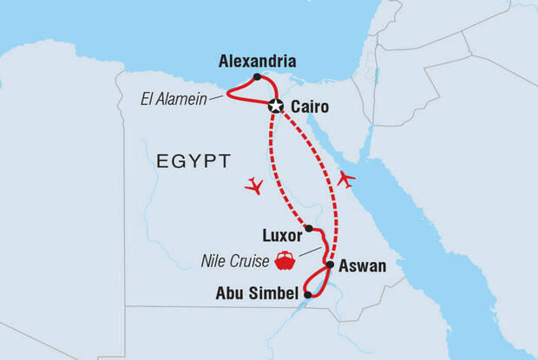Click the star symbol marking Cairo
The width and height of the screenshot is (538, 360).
[x=276, y=106]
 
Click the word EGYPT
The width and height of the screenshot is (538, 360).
[x=194, y=160]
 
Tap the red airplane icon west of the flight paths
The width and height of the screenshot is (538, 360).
[x=253, y=185]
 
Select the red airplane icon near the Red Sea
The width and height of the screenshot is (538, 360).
[x=346, y=179]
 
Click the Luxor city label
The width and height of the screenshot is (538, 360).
[x=282, y=235]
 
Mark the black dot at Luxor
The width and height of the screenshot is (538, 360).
[x=309, y=229]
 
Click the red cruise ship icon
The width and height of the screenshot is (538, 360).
[x=284, y=259]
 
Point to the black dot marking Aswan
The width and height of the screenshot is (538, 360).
[x=330, y=264]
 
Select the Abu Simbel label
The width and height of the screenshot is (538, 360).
[x=256, y=292]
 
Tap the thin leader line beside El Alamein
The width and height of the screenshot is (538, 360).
[x=217, y=97]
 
